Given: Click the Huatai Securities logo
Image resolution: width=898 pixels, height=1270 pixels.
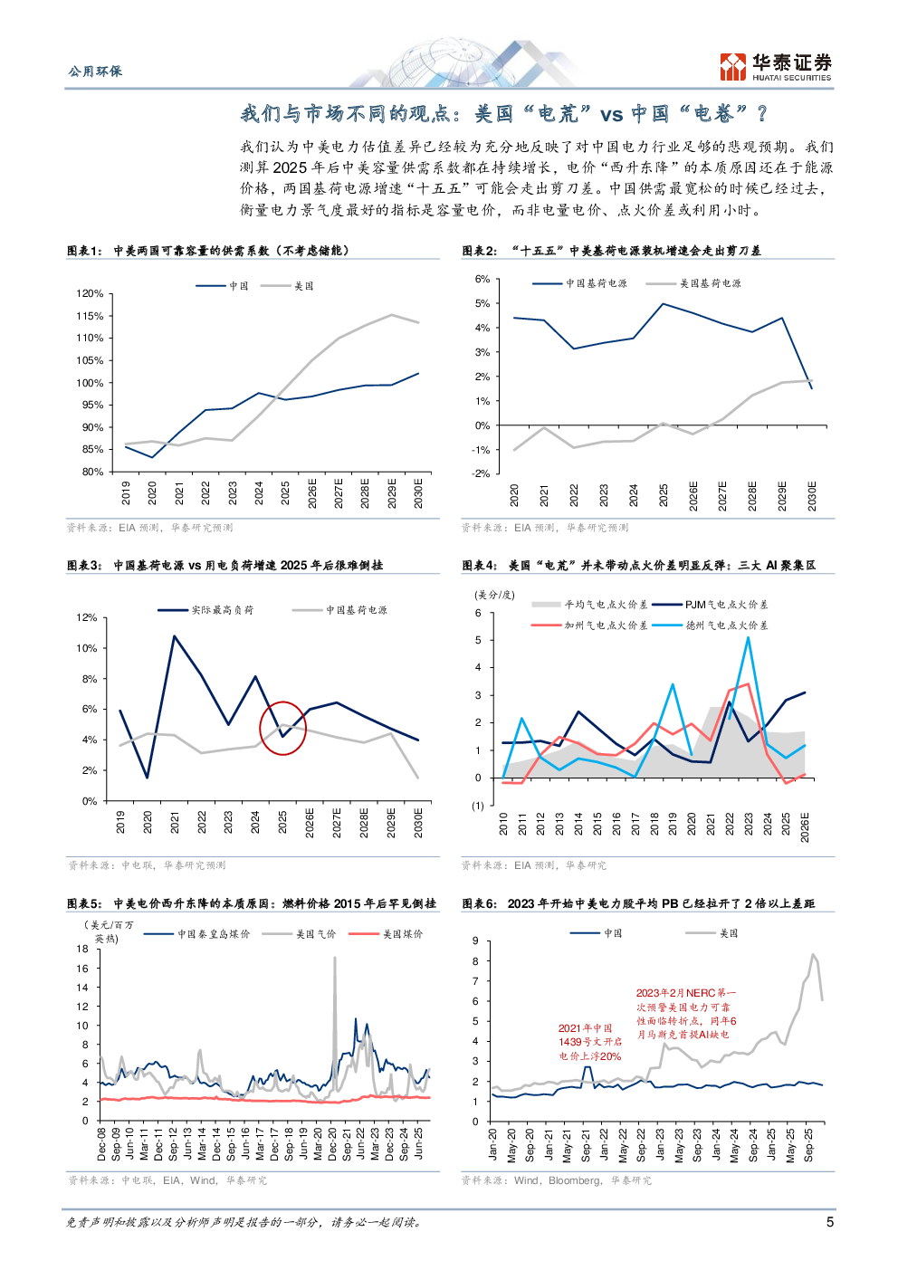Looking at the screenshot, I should click(775, 67).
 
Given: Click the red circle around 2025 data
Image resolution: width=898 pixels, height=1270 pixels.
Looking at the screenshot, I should click(282, 728).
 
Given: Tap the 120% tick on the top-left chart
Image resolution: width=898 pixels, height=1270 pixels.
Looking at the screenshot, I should click(90, 294).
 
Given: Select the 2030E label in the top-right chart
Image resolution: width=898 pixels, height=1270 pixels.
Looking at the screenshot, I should click(812, 495).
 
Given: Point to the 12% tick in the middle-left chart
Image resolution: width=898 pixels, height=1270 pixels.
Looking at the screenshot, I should click(87, 617).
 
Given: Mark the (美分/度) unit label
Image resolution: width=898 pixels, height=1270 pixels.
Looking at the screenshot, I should click(494, 595).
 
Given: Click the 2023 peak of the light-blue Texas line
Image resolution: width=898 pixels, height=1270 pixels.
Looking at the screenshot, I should click(748, 637).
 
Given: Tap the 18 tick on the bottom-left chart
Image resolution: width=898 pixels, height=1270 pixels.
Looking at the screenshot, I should click(82, 950).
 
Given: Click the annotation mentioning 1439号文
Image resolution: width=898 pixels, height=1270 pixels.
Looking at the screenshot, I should click(589, 1042).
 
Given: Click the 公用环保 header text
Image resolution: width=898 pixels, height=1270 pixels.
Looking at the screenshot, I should click(95, 72).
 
